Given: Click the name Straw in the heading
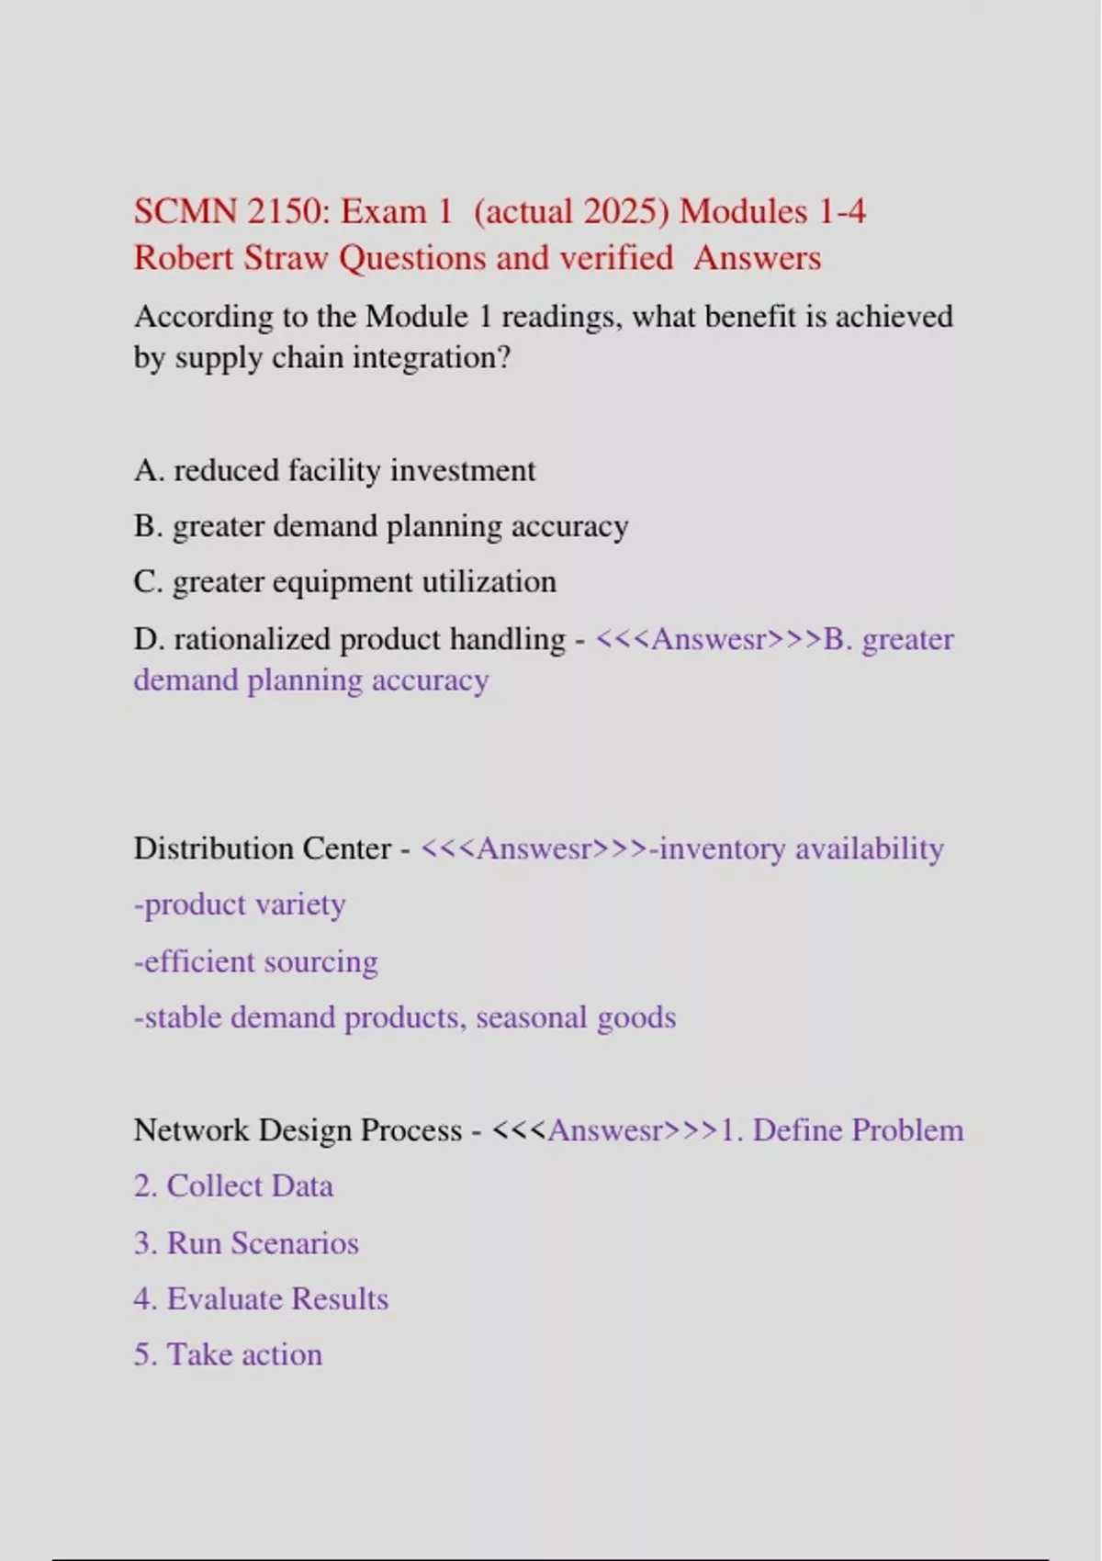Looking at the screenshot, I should [x=286, y=258].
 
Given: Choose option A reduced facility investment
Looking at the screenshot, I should [x=334, y=470].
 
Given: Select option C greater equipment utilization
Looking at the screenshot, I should [x=344, y=582].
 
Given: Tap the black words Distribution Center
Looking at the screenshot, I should [x=263, y=848].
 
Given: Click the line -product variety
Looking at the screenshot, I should [x=240, y=904].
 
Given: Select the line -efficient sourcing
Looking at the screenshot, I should [x=255, y=961].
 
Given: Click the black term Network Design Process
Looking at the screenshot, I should [x=298, y=1130].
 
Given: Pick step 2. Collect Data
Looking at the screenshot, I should [x=233, y=1186].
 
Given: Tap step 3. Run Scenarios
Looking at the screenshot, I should [x=246, y=1243].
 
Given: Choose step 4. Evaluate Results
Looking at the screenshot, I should [x=261, y=1299].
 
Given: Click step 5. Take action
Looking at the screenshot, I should [x=228, y=1355].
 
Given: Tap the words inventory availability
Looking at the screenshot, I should [x=801, y=848].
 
